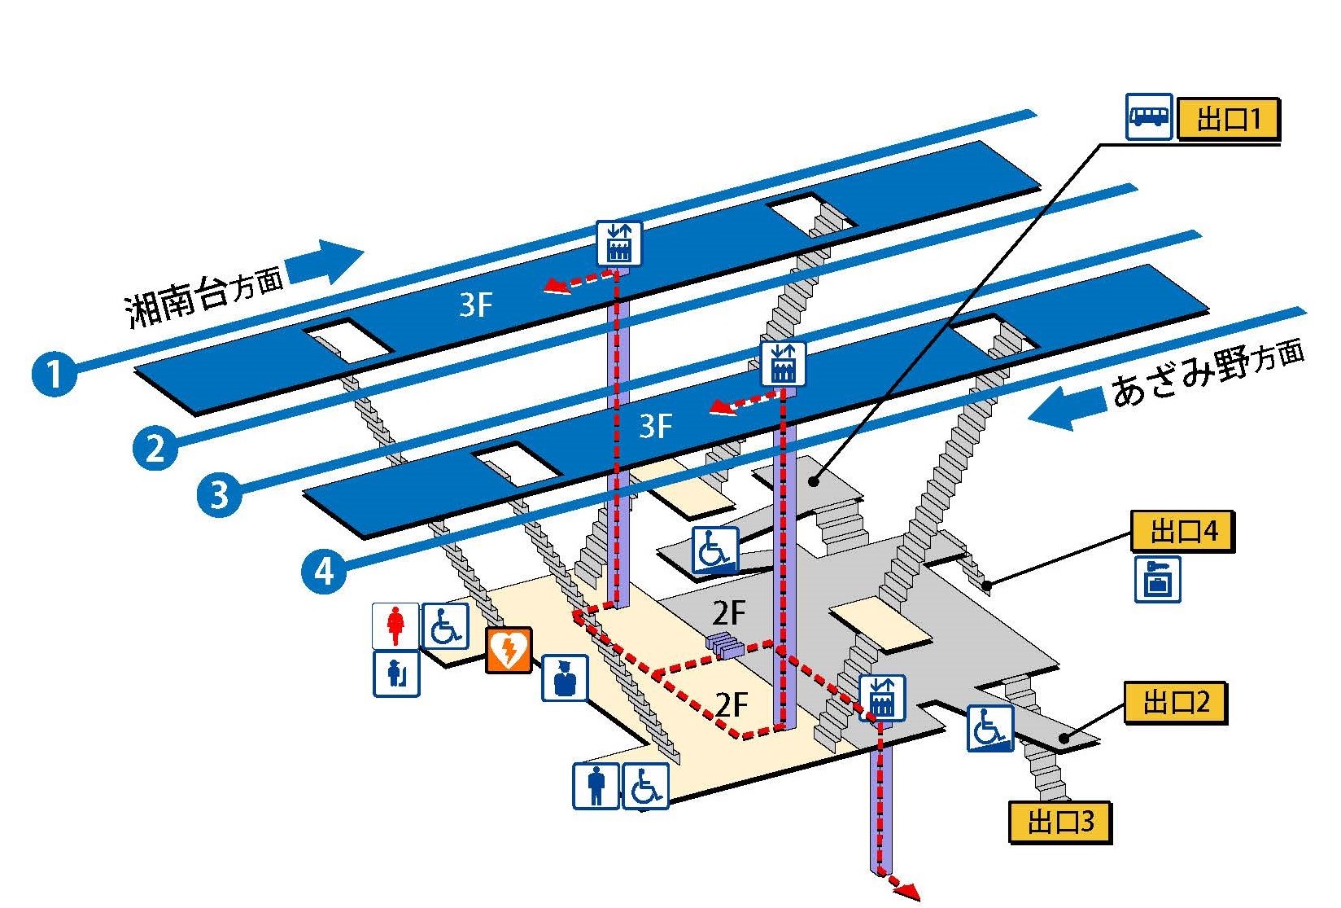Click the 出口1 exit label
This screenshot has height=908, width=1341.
coord(1228,120)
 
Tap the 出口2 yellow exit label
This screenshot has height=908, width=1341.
coord(1175,702)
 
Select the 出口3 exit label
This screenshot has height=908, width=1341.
coord(1059,821)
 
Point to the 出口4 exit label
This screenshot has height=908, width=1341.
coord(1182,532)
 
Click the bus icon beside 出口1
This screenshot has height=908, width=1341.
coord(1149,116)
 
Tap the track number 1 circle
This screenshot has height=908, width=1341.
coord(54,375)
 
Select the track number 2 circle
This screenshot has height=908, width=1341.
coord(155,447)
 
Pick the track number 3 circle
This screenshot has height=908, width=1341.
coord(219,494)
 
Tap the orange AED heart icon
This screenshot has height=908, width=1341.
coord(509,650)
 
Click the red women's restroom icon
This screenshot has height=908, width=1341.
coord(395,625)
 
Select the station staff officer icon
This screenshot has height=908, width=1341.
coord(565,678)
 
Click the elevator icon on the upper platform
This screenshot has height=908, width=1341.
coord(619,243)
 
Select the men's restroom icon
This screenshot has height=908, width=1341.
coord(596,786)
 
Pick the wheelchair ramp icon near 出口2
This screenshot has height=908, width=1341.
coord(990,727)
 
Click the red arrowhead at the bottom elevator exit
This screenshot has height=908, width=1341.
coord(909,891)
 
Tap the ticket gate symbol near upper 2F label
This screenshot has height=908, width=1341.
coord(726,645)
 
